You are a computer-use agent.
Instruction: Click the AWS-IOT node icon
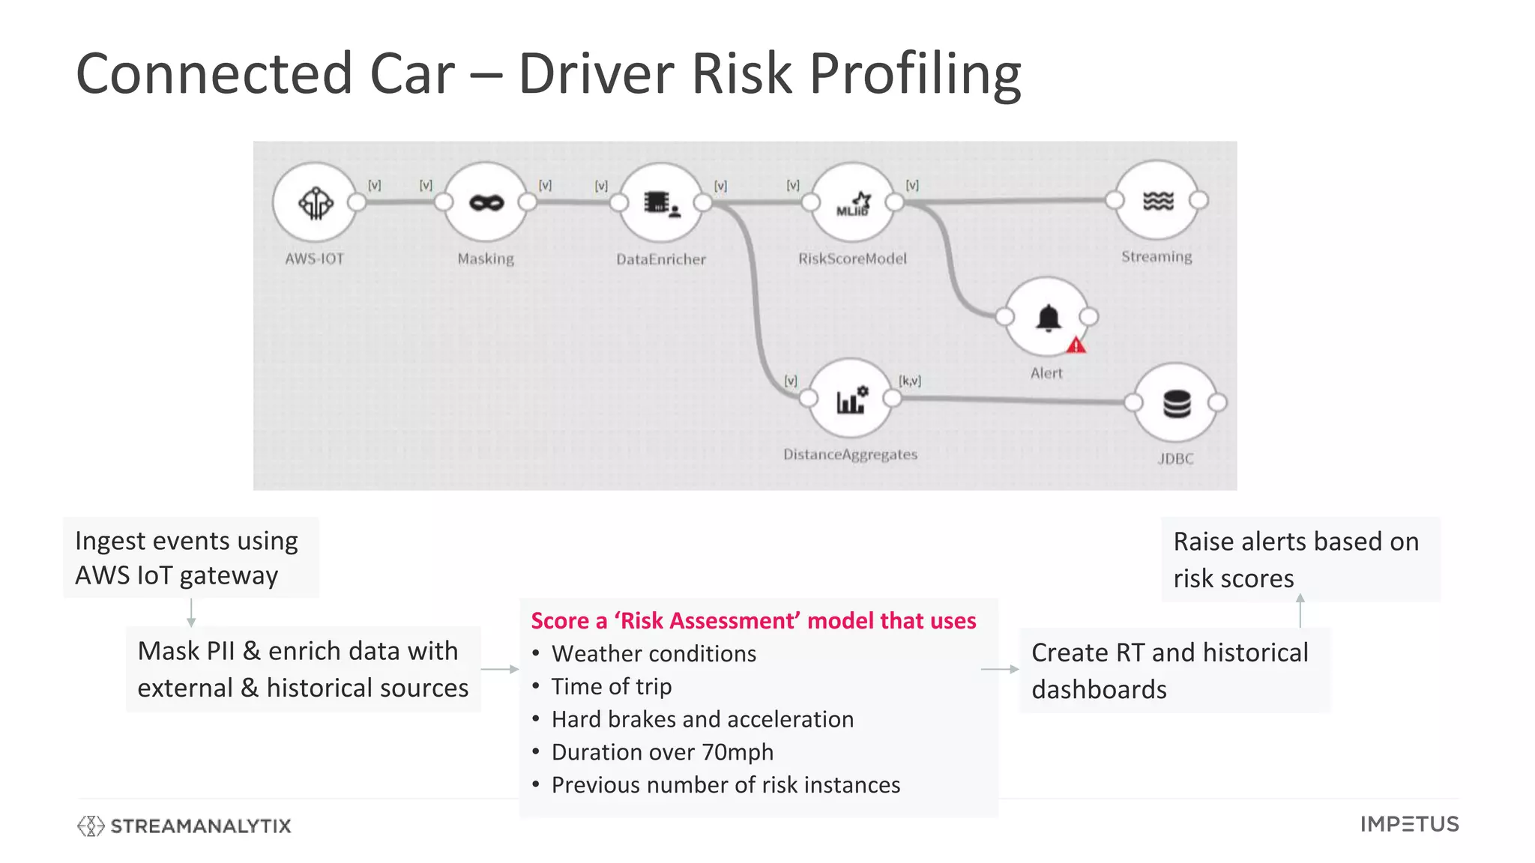click(316, 202)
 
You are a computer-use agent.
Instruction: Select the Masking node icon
click(486, 202)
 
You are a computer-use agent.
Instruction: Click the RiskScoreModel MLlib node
click(853, 202)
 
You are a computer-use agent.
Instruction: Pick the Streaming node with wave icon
click(1157, 201)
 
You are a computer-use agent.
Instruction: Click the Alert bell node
click(1048, 318)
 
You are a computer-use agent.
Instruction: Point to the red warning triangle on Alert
click(1076, 345)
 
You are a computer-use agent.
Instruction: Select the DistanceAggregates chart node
click(851, 399)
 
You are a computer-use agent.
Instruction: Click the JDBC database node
click(1176, 404)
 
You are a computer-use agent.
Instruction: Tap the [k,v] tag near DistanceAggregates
click(910, 381)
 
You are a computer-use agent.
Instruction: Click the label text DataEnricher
click(661, 259)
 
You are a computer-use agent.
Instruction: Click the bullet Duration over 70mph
click(663, 752)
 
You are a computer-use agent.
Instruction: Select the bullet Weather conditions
click(654, 654)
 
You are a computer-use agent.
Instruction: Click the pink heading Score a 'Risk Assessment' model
click(753, 621)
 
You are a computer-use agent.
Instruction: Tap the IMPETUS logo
click(1409, 825)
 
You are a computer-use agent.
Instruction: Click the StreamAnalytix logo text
click(200, 826)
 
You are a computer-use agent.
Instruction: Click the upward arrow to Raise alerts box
click(1300, 610)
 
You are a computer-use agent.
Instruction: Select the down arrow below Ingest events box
click(191, 612)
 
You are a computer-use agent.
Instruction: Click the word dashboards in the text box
click(1099, 690)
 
